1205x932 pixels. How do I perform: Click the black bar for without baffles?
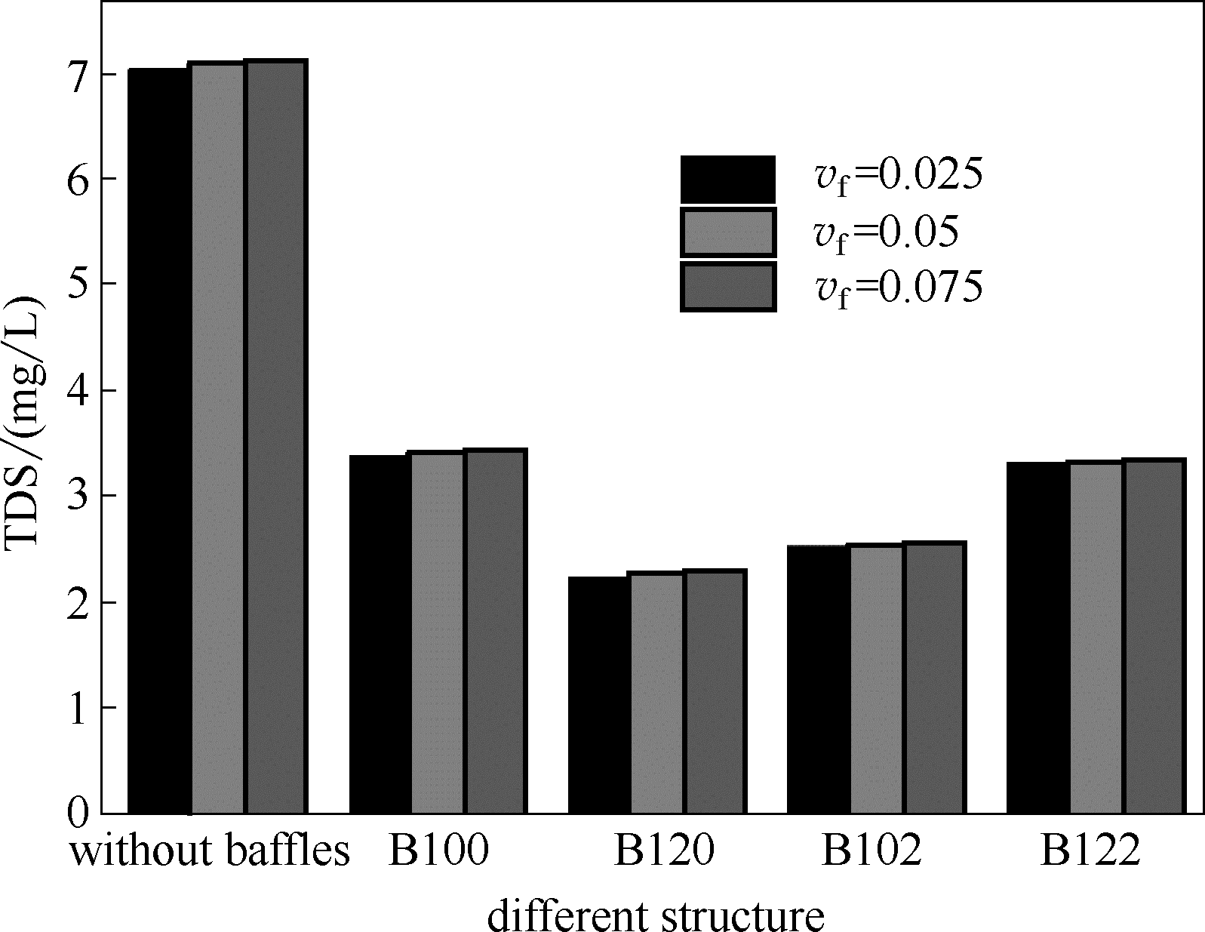(x=159, y=441)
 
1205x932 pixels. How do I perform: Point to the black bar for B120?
(x=599, y=695)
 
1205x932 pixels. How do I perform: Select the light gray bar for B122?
(x=1096, y=638)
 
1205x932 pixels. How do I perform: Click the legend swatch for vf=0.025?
(x=727, y=179)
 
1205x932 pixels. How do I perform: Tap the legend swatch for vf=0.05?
(x=727, y=232)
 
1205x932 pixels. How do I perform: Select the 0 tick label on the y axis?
(x=78, y=814)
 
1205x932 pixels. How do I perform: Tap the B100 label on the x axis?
(x=438, y=851)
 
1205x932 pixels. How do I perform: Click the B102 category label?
(x=871, y=851)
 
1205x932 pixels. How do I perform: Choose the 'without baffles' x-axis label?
(x=211, y=851)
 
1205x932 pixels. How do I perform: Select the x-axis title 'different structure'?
(x=655, y=915)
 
